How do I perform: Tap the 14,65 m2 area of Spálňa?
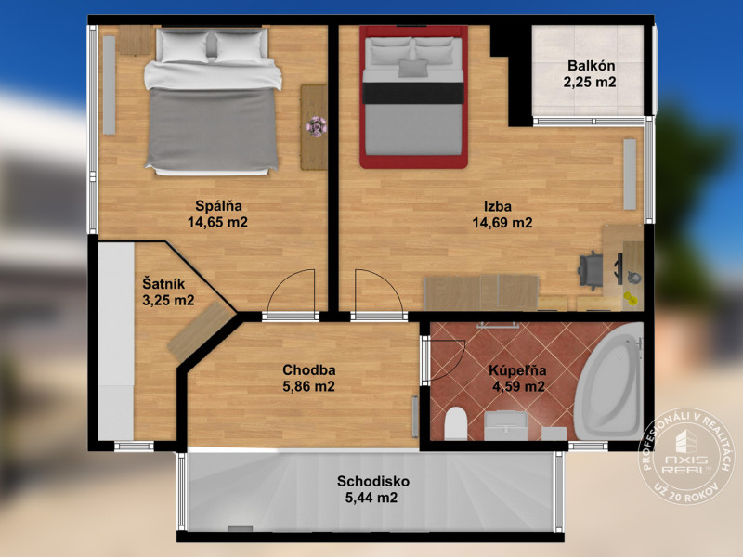[217, 222]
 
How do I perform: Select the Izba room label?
[498, 206]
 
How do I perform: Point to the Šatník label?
[163, 284]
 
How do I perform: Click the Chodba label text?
[309, 369]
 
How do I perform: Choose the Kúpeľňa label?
[517, 370]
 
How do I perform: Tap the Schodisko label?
[373, 481]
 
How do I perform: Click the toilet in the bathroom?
[456, 423]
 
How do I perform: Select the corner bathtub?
[609, 382]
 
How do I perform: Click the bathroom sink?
[505, 425]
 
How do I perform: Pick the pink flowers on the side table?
[316, 126]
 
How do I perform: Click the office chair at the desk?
[591, 270]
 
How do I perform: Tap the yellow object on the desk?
[631, 298]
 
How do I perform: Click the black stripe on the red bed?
[412, 93]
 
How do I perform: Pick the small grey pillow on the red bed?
[412, 68]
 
